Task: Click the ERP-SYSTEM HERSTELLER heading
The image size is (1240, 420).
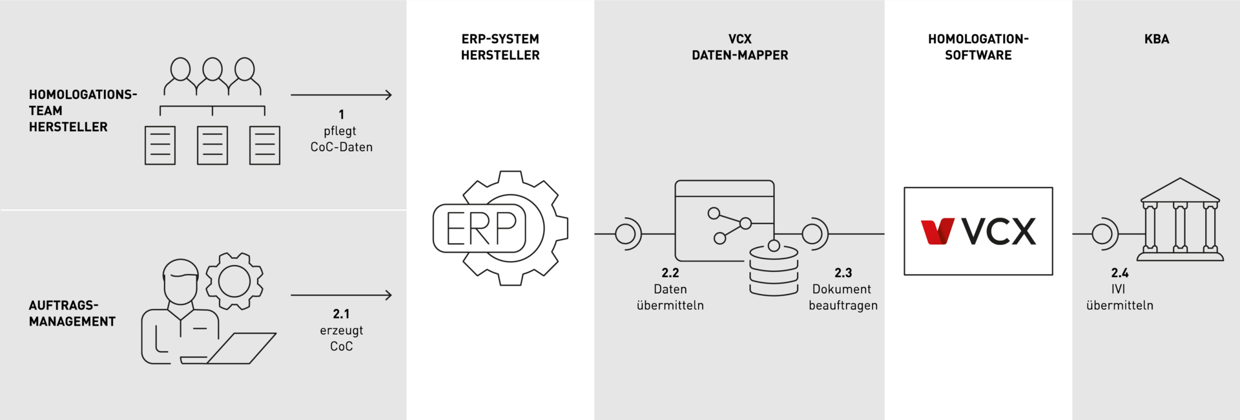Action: pyautogui.click(x=500, y=47)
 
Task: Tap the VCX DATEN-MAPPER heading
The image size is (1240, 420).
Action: pyautogui.click(x=739, y=47)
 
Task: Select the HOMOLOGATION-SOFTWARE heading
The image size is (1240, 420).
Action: pyautogui.click(x=978, y=47)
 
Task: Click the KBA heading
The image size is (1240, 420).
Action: pyautogui.click(x=1156, y=39)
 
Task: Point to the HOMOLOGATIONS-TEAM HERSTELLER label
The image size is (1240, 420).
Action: pyautogui.click(x=82, y=111)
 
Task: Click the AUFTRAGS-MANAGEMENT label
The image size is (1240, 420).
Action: pyautogui.click(x=72, y=313)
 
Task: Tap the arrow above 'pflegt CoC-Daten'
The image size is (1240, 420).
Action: pyautogui.click(x=341, y=95)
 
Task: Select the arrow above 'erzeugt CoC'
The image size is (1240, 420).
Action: pyautogui.click(x=341, y=295)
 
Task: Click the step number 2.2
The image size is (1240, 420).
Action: pyautogui.click(x=670, y=273)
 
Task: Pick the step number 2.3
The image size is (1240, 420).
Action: pyautogui.click(x=843, y=273)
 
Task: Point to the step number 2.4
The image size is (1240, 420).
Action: pyautogui.click(x=1119, y=273)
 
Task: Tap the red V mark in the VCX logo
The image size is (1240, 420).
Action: pyautogui.click(x=937, y=231)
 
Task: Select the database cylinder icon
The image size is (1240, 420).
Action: pyautogui.click(x=774, y=269)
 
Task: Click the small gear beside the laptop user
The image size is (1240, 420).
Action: pyautogui.click(x=234, y=281)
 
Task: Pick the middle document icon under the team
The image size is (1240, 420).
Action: pyautogui.click(x=212, y=145)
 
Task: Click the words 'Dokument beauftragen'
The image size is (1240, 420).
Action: pyautogui.click(x=843, y=297)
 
